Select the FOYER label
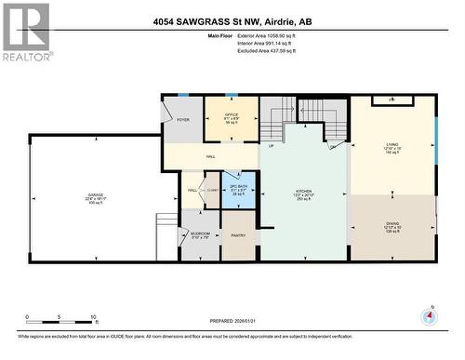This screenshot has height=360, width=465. pos(182,120)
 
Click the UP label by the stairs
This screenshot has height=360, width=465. pos(271,146)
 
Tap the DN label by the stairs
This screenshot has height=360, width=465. pos(332,146)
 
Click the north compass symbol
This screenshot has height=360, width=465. pos(429,315)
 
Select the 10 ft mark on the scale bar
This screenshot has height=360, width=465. pos(94,318)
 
